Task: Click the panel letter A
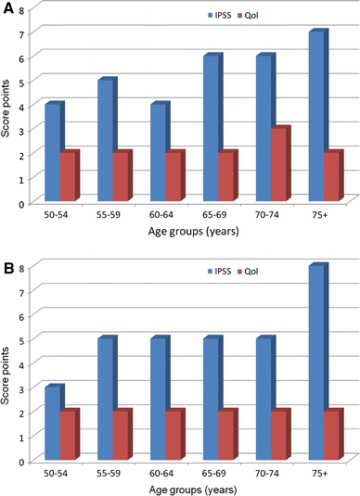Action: click(x=8, y=9)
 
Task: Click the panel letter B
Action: click(x=8, y=260)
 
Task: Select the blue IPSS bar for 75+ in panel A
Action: click(x=316, y=116)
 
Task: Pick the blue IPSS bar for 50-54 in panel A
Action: click(x=53, y=152)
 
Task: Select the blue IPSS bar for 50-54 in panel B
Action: click(x=53, y=423)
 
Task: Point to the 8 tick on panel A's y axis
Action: click(x=21, y=8)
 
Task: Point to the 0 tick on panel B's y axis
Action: click(x=21, y=460)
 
